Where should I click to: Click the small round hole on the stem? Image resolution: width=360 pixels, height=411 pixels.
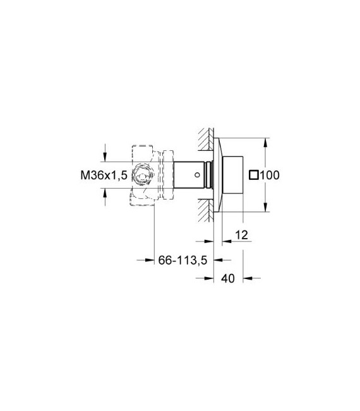(x=200, y=175)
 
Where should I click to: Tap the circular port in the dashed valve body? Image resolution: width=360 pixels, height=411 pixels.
(x=145, y=176)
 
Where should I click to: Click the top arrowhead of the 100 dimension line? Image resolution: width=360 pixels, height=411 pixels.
(x=266, y=140)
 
